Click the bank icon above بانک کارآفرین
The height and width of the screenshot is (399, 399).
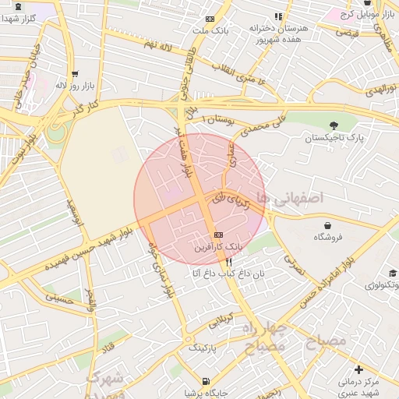(217, 235)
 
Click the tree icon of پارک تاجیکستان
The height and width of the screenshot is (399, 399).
(334, 125)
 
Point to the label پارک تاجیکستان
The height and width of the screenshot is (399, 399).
(334, 137)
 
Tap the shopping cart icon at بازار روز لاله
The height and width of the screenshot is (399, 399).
(75, 75)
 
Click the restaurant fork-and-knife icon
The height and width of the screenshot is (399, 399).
(228, 263)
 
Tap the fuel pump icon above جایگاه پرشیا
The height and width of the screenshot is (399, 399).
(205, 381)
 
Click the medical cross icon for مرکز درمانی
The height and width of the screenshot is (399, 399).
(358, 369)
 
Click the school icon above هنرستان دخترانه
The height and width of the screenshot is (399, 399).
(278, 16)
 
